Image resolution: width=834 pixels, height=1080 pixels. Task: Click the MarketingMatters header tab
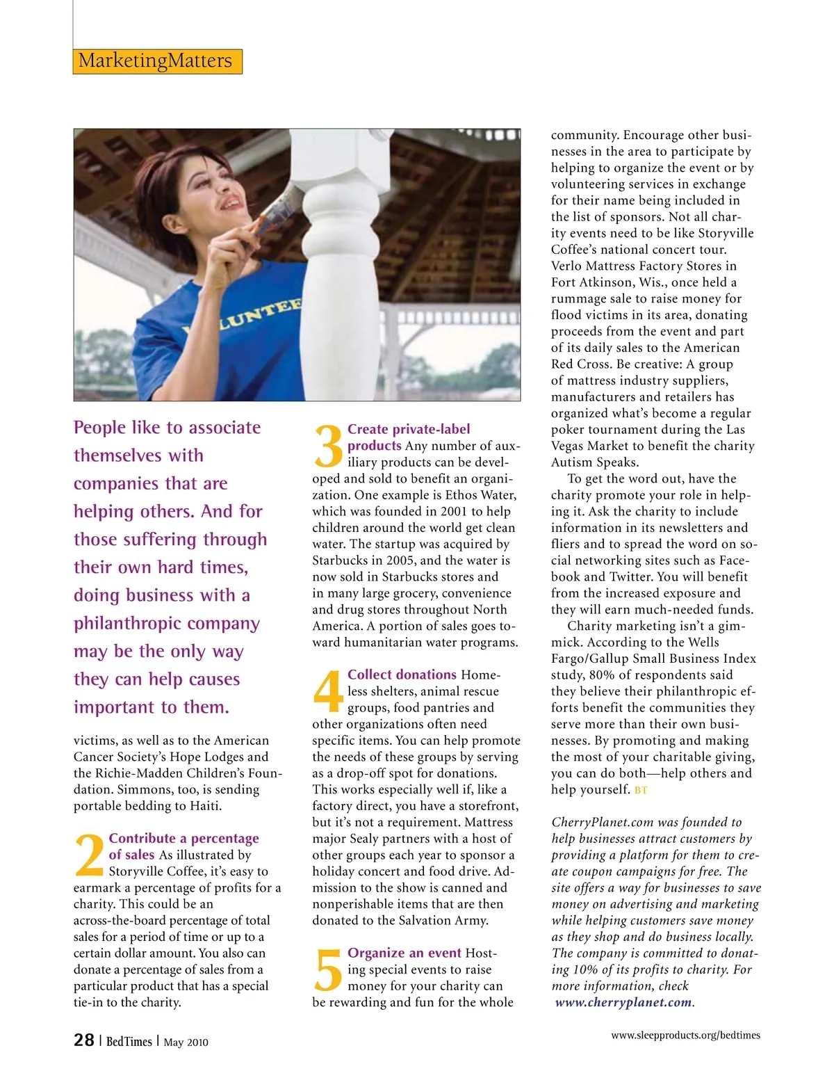coord(157,61)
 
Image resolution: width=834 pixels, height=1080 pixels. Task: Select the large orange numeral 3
coord(328,446)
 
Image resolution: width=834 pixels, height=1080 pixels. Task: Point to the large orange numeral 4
coord(328,691)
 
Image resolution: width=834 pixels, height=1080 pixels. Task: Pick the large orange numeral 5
coord(328,969)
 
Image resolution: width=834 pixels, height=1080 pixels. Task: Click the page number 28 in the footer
coord(84,1040)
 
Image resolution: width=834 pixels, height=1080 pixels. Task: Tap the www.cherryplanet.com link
coord(623,1002)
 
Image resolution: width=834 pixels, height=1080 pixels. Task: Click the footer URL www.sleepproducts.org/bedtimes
coord(685,1035)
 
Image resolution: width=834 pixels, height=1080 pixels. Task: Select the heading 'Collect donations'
coord(402,675)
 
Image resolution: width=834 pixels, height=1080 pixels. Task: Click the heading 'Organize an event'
coord(404,953)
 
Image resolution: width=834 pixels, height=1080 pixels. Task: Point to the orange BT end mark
coord(641,790)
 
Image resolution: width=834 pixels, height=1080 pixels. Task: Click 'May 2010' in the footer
coord(186,1042)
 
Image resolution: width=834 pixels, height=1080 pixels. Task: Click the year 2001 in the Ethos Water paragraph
coord(454,511)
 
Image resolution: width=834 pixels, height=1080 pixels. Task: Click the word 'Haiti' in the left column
coord(204,806)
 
